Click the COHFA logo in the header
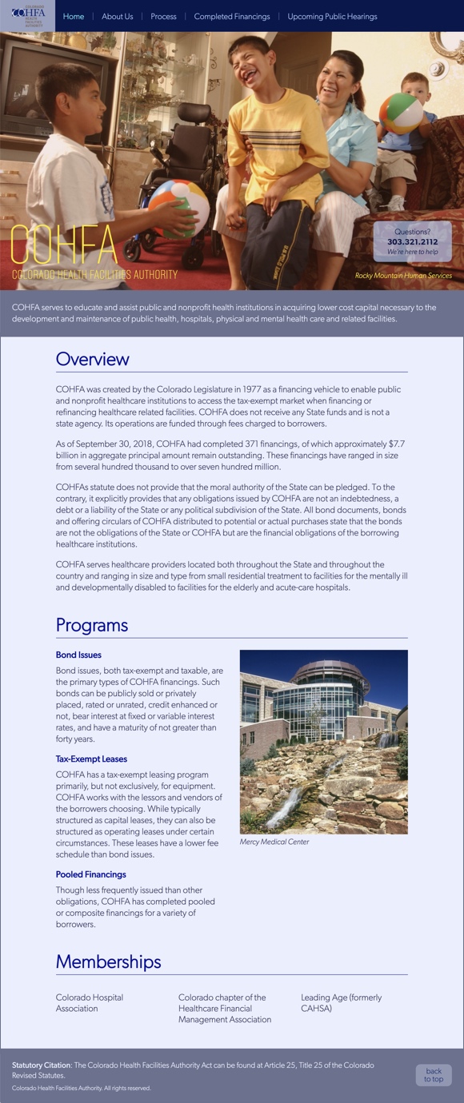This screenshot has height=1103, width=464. [28, 16]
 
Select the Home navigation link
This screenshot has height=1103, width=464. [74, 17]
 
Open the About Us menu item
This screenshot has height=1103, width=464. [118, 17]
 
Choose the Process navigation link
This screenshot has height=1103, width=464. [163, 17]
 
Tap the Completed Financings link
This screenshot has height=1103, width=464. [232, 17]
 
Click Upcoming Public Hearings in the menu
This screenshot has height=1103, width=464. [332, 17]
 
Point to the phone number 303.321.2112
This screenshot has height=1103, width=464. [412, 241]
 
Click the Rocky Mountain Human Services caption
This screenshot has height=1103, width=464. [403, 276]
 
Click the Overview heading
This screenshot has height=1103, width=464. [92, 359]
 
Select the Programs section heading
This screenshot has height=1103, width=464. [92, 625]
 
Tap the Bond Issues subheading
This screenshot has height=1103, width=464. [78, 655]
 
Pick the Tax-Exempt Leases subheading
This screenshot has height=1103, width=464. [91, 759]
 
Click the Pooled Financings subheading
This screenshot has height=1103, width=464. [90, 874]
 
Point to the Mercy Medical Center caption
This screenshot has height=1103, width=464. [274, 842]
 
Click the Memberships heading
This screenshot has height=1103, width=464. [108, 962]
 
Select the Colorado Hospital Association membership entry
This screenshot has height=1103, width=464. [90, 1003]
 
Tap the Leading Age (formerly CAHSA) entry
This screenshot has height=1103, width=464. [341, 1003]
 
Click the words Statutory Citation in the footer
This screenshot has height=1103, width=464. [42, 1065]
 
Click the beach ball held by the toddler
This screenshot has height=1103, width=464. [401, 113]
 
